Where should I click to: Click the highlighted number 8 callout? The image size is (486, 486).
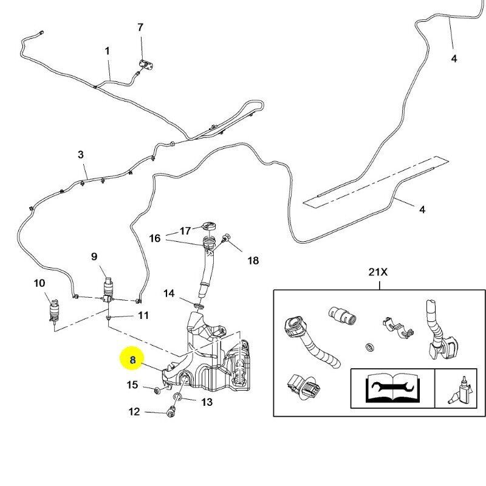tap(132, 360)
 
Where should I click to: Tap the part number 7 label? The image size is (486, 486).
tap(140, 27)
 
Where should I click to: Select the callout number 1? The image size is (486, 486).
tap(107, 51)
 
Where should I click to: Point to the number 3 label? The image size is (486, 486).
tap(81, 155)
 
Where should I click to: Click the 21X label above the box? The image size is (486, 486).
tap(377, 272)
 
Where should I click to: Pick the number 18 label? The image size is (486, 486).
tap(253, 261)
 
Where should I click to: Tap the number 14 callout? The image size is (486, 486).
tap(169, 293)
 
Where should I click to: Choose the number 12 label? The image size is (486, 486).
tap(134, 412)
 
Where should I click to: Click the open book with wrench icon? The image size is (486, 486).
tap(392, 387)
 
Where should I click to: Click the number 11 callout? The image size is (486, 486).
tap(143, 315)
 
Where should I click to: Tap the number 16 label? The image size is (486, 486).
tap(155, 238)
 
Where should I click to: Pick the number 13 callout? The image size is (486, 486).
tap(207, 402)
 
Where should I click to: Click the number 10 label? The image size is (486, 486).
tap(39, 283)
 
